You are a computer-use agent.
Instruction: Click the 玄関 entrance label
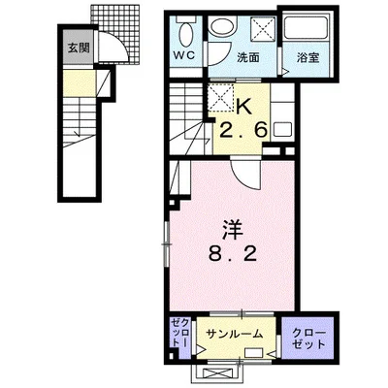(79, 48)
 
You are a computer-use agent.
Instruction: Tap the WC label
(185, 55)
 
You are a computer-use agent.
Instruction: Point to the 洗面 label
(248, 57)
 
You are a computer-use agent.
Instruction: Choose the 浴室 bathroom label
(308, 57)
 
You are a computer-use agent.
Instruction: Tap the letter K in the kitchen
(244, 106)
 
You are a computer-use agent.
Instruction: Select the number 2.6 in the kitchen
(243, 130)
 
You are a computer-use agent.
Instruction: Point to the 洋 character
(232, 230)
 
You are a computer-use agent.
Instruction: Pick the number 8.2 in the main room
(233, 254)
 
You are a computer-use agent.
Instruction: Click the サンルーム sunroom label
(235, 334)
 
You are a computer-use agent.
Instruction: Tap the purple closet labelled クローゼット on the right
(307, 338)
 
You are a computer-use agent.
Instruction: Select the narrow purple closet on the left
(180, 338)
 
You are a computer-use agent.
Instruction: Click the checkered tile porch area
(119, 32)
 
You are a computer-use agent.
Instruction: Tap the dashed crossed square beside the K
(220, 98)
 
